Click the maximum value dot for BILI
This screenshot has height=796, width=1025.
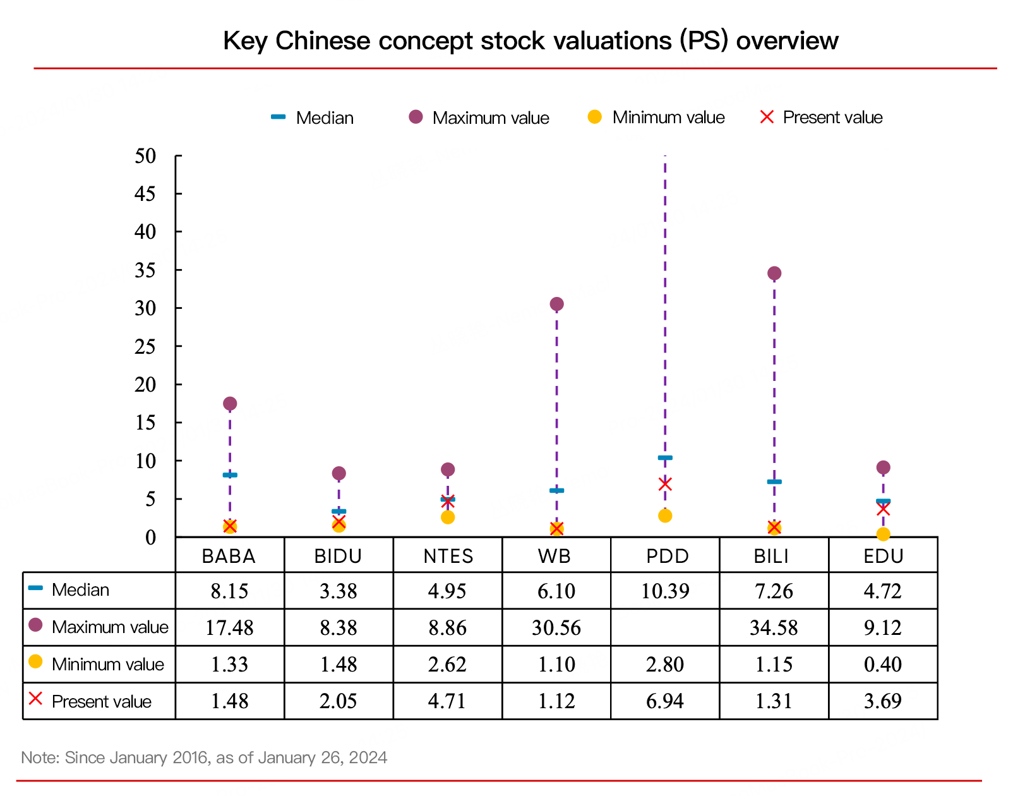[x=774, y=274]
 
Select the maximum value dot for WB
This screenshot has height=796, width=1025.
[x=556, y=305]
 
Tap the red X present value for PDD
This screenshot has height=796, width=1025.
[x=665, y=485]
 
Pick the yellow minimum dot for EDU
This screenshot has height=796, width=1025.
[x=883, y=534]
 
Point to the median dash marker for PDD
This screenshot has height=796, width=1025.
[x=665, y=458]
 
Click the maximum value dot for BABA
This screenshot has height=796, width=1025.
[x=230, y=404]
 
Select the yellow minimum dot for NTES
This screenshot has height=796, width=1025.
[x=448, y=517]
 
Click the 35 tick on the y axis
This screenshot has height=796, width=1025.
[x=146, y=270]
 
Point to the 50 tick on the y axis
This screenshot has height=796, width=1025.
[x=146, y=156]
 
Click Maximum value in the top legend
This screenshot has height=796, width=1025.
[x=490, y=118]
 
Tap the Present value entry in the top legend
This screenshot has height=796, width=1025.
[x=832, y=118]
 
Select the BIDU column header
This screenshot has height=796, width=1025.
[x=339, y=556]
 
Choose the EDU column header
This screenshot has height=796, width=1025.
[x=883, y=556]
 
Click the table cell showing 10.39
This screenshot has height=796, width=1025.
[x=665, y=591]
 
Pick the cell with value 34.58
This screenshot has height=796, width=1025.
[x=774, y=628]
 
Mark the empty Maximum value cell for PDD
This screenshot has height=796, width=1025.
[x=665, y=628]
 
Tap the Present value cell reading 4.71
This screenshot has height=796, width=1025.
[x=448, y=701]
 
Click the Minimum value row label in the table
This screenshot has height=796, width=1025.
[x=107, y=665]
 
